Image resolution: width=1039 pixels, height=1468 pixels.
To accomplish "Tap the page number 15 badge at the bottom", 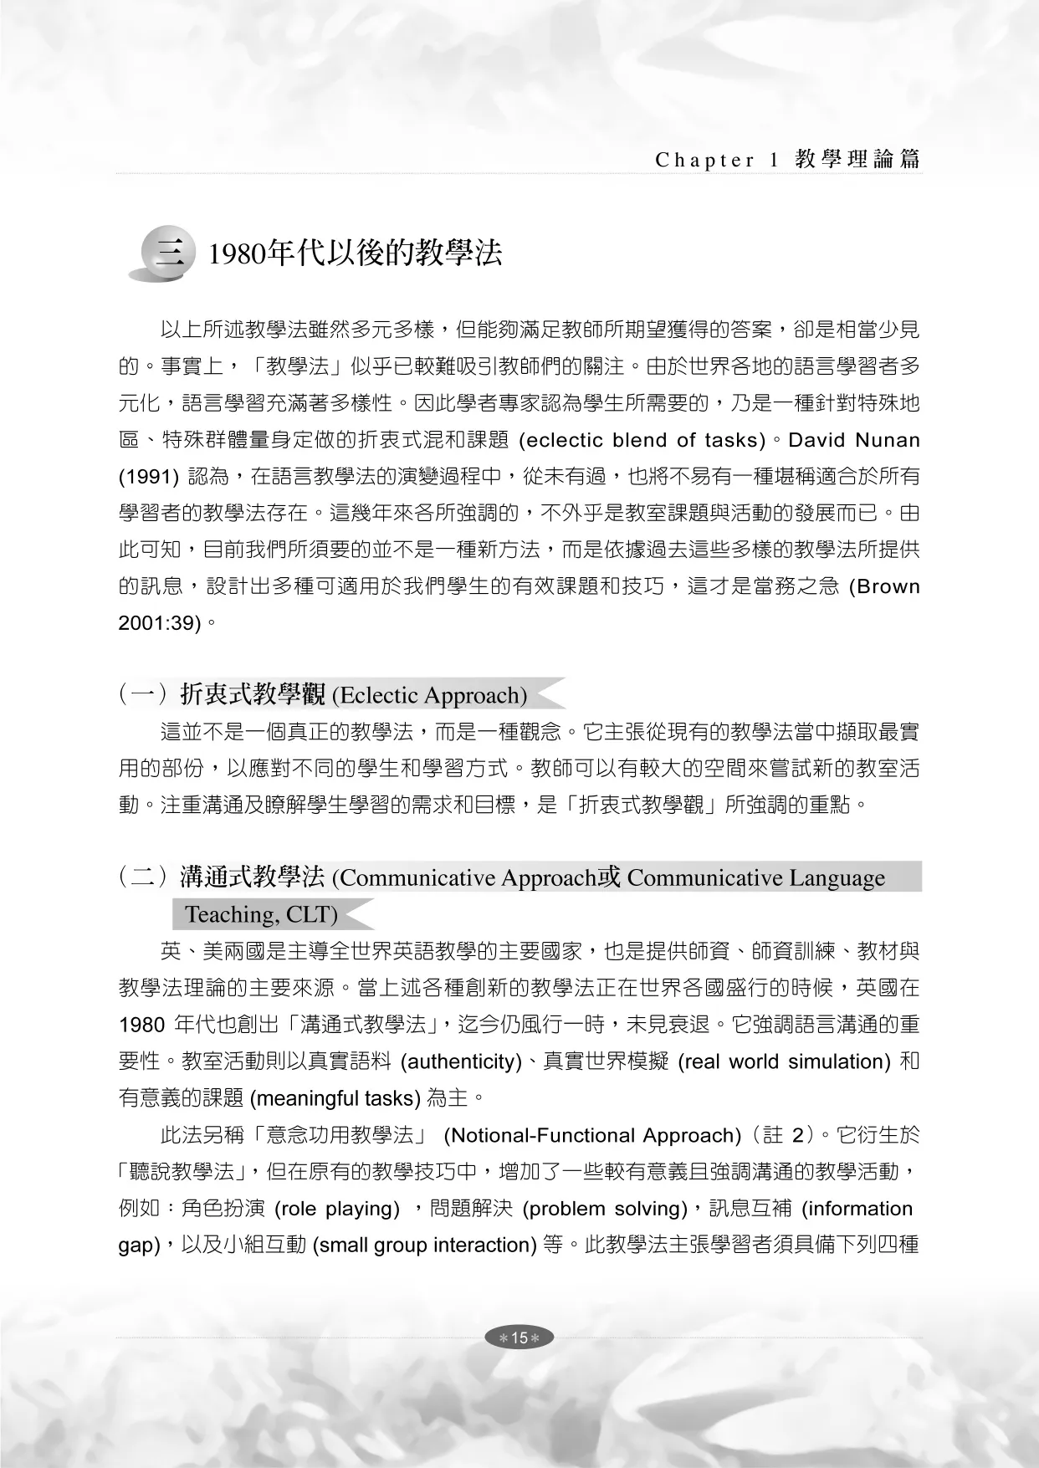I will point(519,1338).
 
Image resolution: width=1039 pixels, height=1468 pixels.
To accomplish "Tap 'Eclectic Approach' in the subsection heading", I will point(430,695).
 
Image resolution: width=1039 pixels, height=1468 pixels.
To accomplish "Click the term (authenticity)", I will point(461,1061).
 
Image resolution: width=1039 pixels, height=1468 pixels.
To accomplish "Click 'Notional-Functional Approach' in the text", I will point(592,1135).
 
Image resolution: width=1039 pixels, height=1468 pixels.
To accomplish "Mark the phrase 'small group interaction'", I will point(424,1245).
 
